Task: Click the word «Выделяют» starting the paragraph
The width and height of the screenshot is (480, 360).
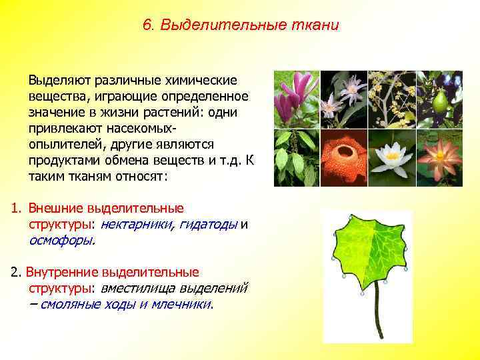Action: (59, 80)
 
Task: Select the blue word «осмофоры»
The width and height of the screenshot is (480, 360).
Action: (61, 241)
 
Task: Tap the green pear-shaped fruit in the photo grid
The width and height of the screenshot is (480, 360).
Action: (439, 101)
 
